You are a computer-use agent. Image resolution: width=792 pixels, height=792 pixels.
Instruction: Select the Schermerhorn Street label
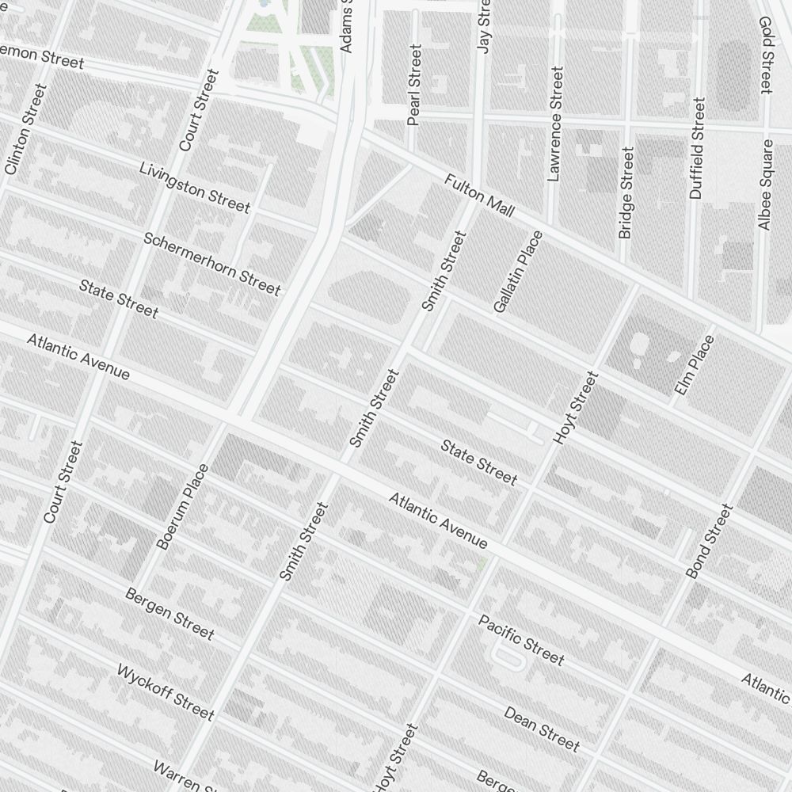pos(211,263)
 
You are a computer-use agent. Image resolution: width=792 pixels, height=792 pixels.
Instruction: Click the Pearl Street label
pos(414,85)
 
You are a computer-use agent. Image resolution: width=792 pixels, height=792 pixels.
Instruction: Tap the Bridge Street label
pos(626,192)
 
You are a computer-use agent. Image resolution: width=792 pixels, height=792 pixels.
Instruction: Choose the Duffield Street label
pos(696,148)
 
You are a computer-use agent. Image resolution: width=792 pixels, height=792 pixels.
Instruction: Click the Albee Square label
pos(765,185)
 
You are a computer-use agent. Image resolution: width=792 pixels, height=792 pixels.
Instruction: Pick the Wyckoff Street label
pos(165,692)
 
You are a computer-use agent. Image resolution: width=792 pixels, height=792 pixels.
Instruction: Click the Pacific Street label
pos(521,640)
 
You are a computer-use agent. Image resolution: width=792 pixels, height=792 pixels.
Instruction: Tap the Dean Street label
pos(542,728)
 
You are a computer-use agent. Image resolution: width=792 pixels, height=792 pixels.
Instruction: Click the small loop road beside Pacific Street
pos(507,657)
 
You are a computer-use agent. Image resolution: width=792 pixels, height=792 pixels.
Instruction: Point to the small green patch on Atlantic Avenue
pos(483,563)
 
